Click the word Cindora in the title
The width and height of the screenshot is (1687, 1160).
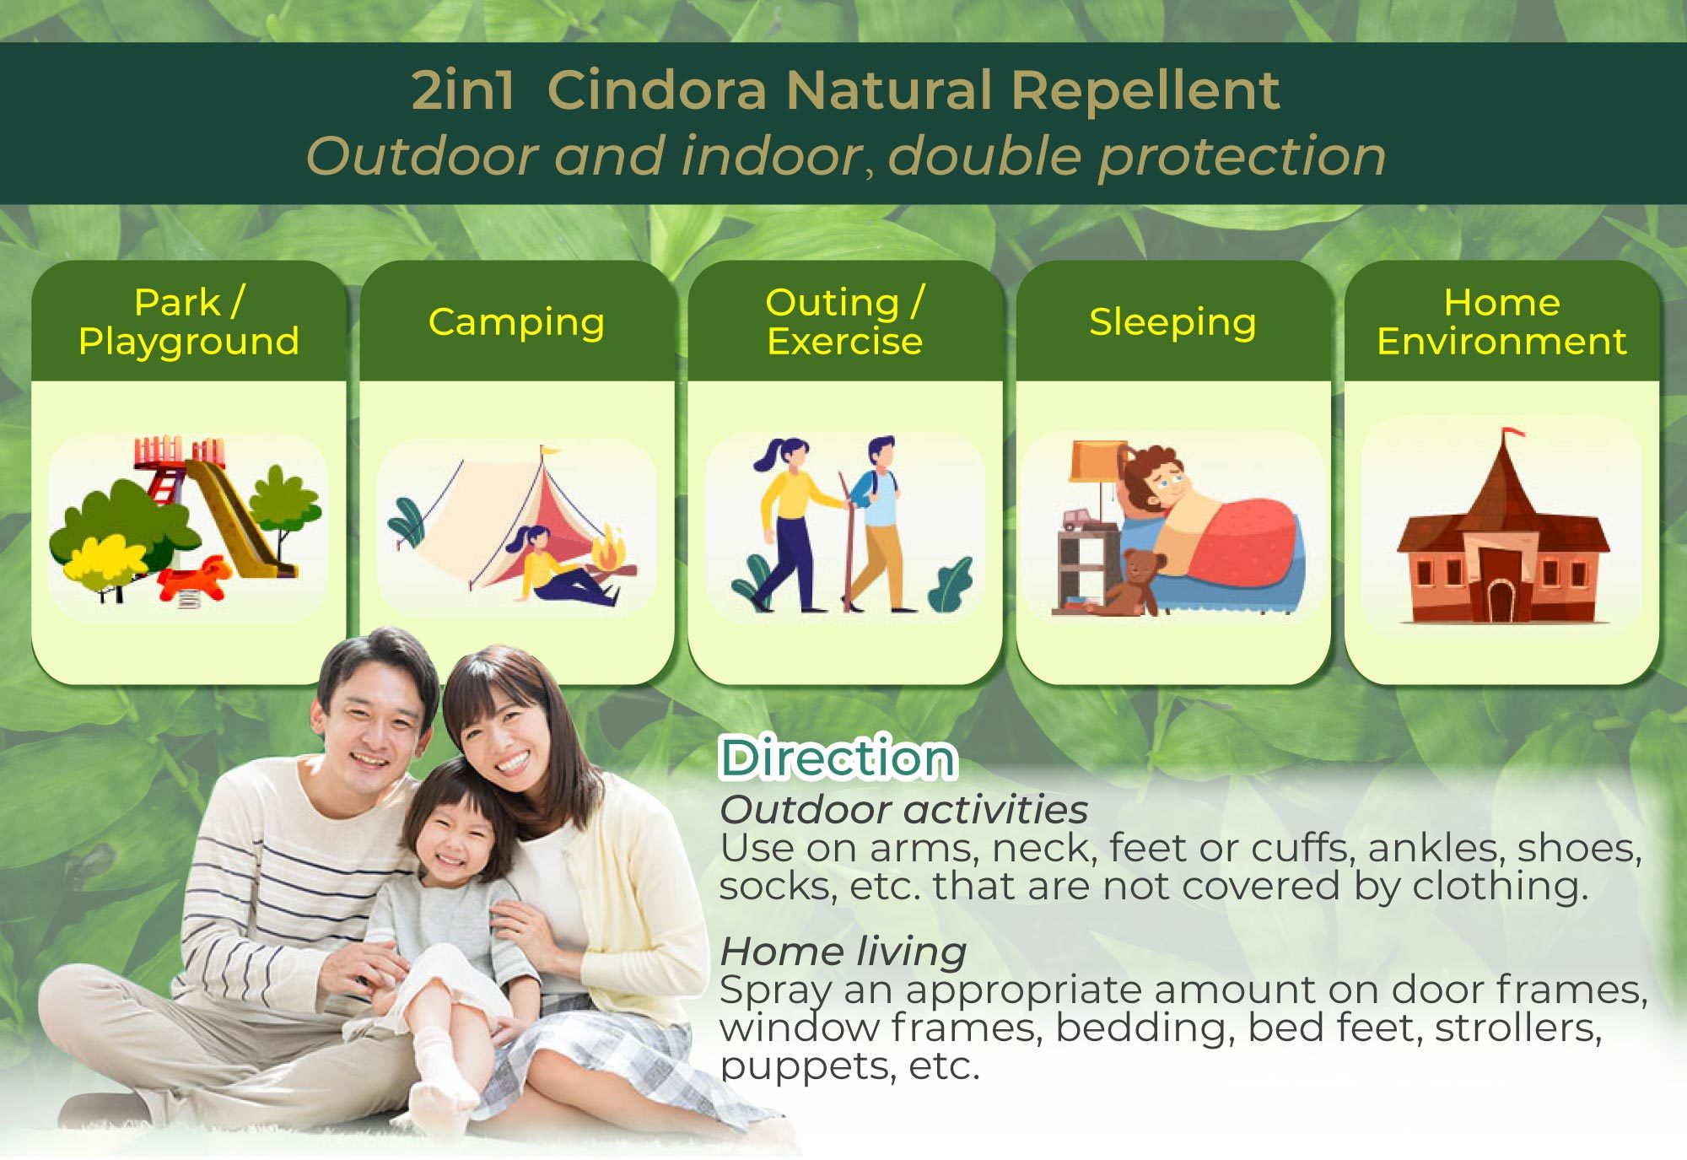click(x=657, y=89)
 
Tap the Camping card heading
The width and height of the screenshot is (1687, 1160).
click(x=516, y=322)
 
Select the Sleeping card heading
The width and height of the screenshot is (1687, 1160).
click(x=1172, y=322)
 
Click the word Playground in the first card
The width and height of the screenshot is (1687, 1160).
click(x=189, y=342)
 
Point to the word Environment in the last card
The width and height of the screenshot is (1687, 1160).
click(x=1501, y=341)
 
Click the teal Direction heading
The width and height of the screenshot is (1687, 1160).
click(x=838, y=757)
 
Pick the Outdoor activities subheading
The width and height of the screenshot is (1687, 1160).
click(x=903, y=809)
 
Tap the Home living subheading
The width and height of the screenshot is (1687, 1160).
click(x=843, y=952)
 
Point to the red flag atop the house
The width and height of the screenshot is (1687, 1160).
click(x=1513, y=433)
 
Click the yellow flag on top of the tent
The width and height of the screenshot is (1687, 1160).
click(x=549, y=451)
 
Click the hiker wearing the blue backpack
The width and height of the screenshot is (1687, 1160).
click(x=876, y=523)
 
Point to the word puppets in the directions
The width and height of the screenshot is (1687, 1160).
click(x=806, y=1067)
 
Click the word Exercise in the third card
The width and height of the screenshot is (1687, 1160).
click(x=844, y=341)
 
